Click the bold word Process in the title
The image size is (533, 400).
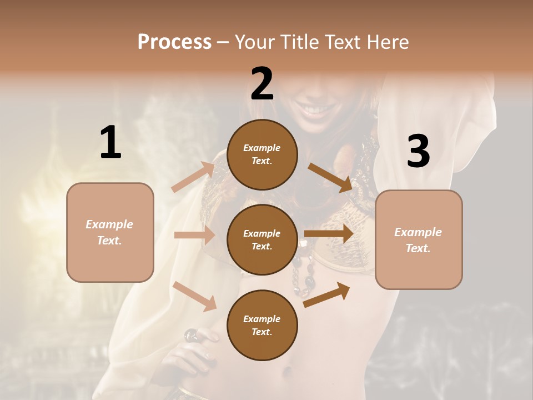174,42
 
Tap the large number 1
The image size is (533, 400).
110,142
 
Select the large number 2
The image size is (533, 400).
262,83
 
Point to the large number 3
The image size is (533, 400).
418,152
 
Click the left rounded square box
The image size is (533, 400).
110,232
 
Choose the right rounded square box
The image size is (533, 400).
419,239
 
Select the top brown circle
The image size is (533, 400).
262,154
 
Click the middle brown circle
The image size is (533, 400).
262,239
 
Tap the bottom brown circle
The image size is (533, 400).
262,325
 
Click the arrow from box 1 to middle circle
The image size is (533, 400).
194,235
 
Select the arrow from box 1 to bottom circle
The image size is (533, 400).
194,296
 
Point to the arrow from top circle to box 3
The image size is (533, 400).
330,177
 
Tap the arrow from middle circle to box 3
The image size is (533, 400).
329,233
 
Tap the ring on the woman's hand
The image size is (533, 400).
190,334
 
